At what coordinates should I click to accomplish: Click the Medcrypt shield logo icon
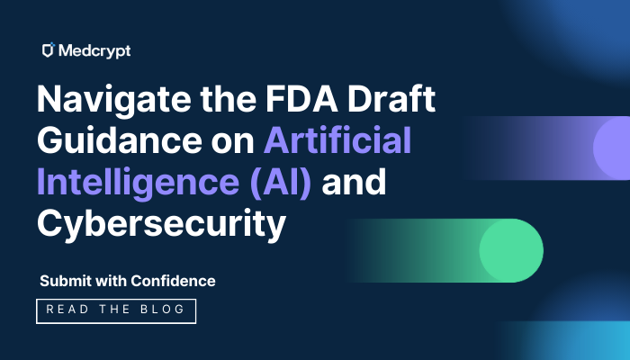(x=49, y=49)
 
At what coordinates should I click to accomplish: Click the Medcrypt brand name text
(x=94, y=51)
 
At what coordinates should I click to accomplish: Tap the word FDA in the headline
(x=301, y=98)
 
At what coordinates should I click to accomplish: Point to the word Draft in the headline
(x=391, y=98)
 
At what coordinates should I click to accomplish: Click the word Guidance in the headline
(x=120, y=140)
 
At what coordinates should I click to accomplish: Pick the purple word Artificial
(x=337, y=139)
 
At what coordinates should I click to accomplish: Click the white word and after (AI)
(x=354, y=182)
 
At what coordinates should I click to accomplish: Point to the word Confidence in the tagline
(x=173, y=281)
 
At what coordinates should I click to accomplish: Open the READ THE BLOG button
(x=116, y=311)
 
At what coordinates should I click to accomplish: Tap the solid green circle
(x=511, y=250)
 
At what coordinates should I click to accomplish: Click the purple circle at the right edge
(x=612, y=148)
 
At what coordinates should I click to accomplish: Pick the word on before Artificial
(x=233, y=142)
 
